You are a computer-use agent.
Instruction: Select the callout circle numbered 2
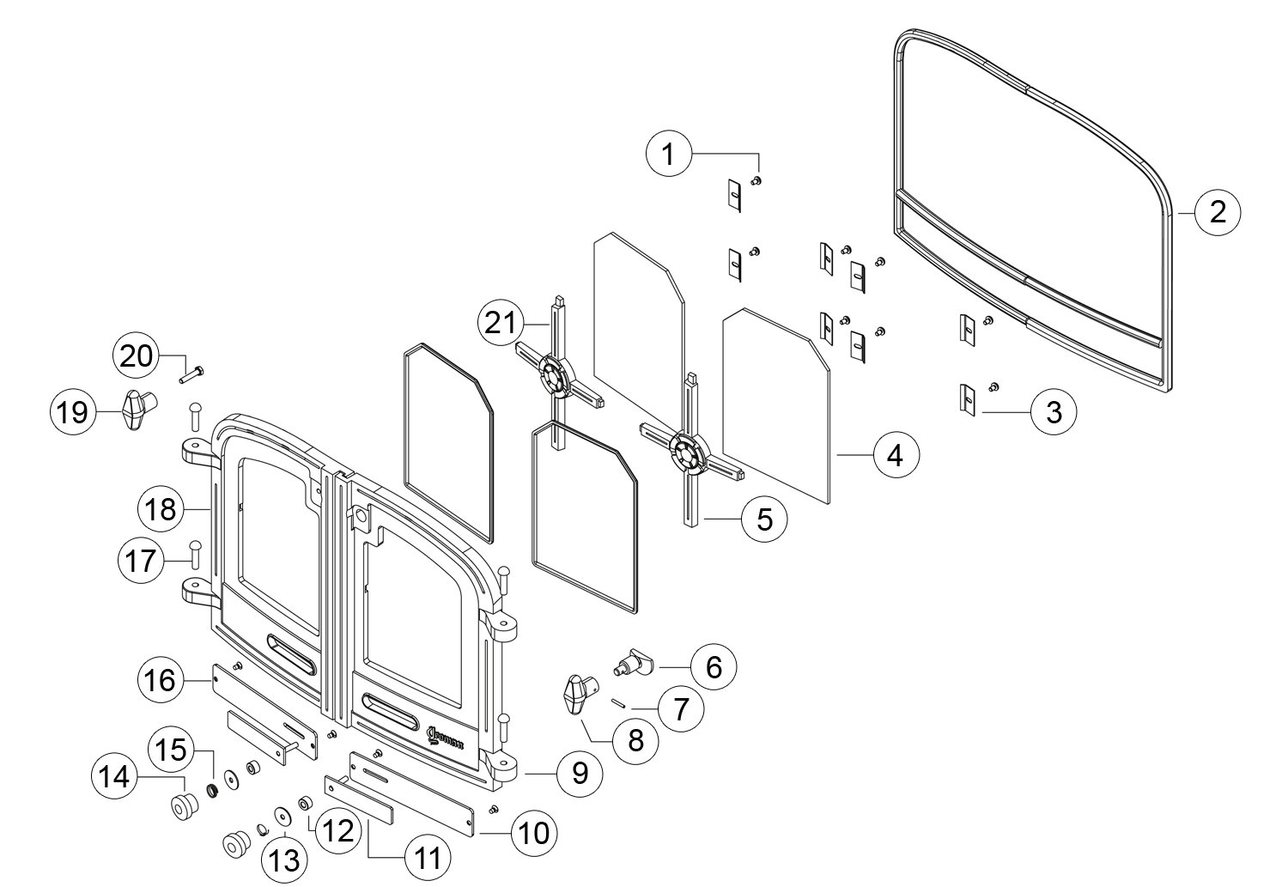1218,211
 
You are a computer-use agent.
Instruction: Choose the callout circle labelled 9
580,774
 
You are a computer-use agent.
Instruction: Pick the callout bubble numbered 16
161,680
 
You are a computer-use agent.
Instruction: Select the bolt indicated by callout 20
192,375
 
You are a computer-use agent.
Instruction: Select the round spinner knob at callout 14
183,806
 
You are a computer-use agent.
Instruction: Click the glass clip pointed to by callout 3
968,398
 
